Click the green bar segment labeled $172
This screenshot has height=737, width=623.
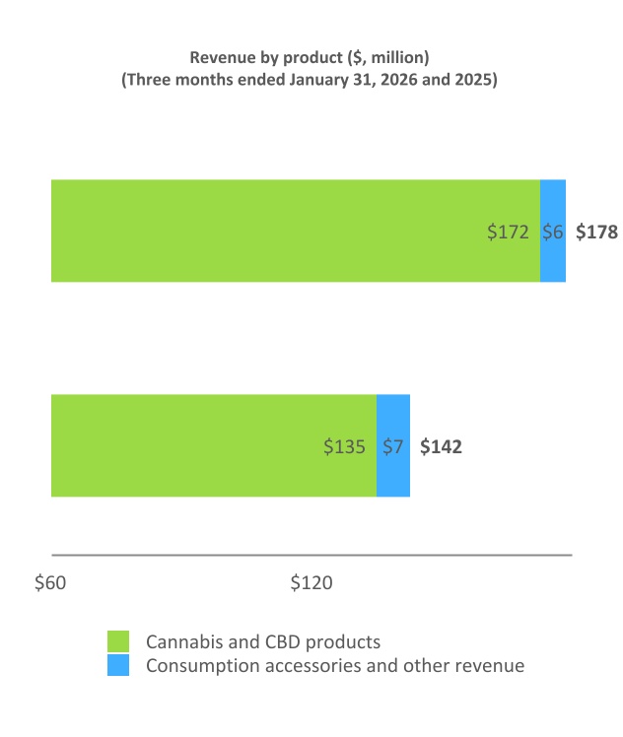296,231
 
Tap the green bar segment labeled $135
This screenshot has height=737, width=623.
214,445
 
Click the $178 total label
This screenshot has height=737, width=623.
596,233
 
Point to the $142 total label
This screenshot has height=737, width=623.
441,446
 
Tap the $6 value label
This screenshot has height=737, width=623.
553,233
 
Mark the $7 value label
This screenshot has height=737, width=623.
393,446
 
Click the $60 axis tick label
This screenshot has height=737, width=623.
50,582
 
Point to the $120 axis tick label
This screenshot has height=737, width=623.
311,582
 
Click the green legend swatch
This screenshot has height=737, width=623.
118,641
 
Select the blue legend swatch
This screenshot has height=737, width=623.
118,666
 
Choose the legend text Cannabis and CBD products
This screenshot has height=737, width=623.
263,641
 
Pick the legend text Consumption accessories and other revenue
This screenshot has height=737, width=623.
335,666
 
